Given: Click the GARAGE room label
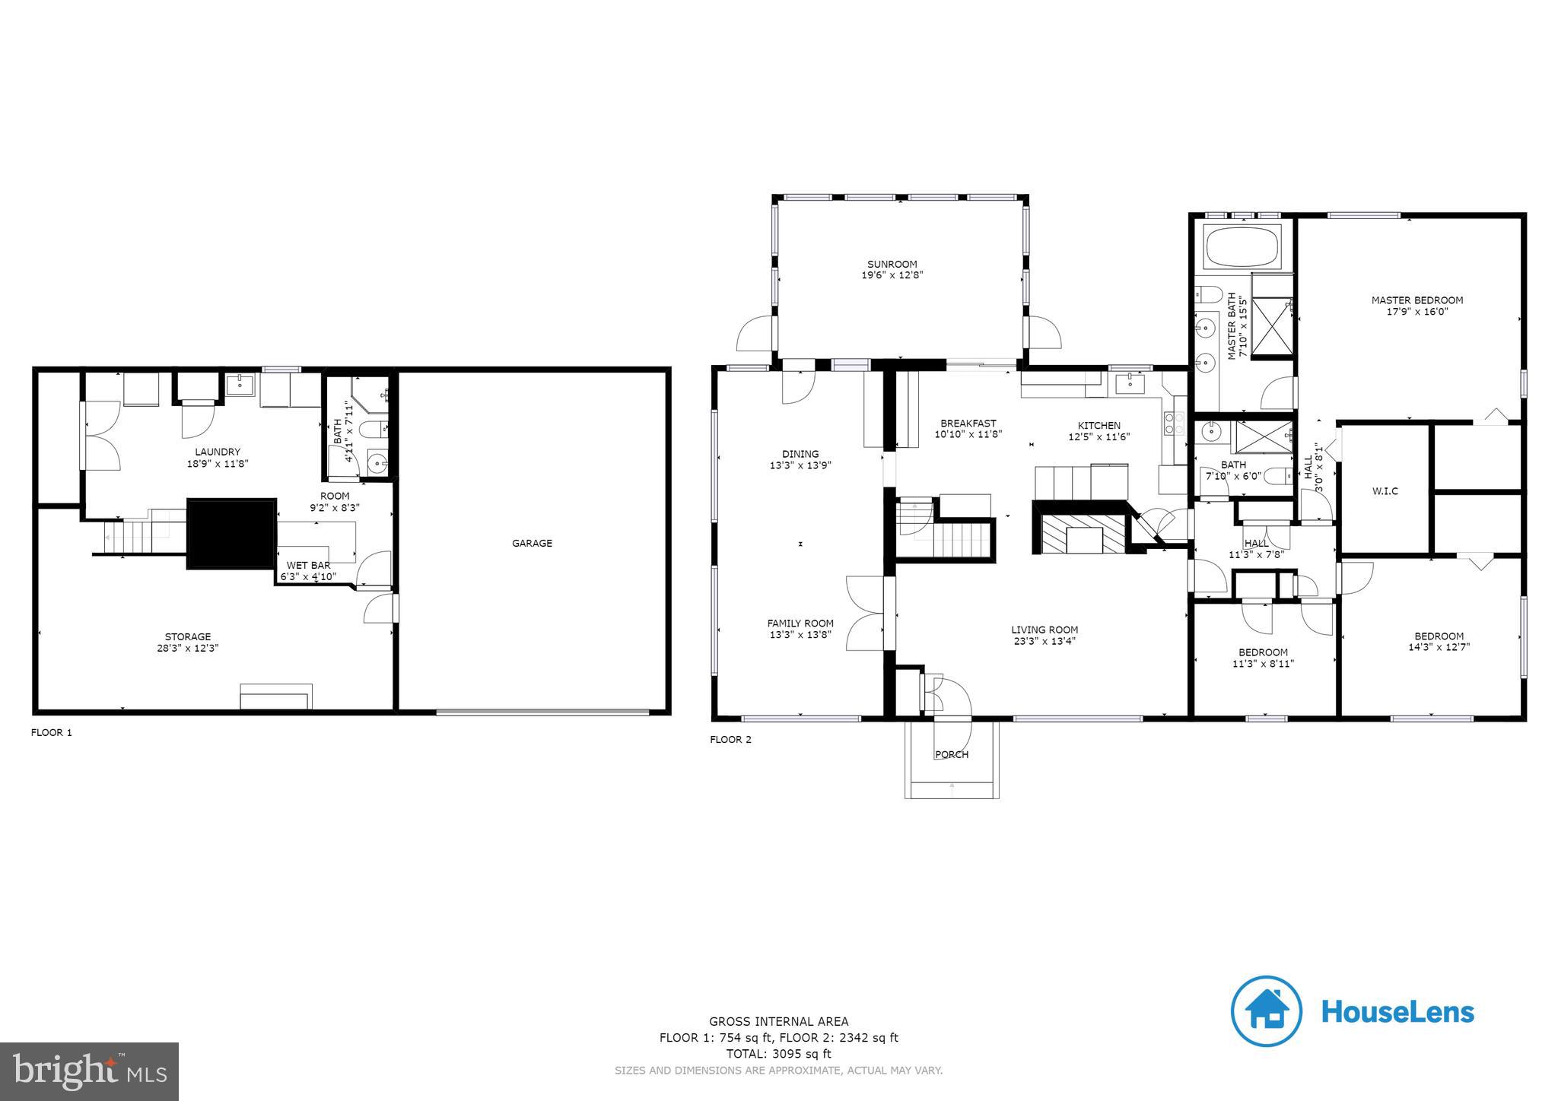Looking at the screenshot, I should [532, 543].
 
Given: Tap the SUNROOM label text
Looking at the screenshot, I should [892, 264].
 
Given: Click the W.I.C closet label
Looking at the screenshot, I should [1385, 491].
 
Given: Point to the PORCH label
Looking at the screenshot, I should [951, 754].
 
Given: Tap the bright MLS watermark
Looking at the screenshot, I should [90, 1071].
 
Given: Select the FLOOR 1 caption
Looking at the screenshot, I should [51, 732].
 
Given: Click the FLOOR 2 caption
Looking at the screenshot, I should [730, 739].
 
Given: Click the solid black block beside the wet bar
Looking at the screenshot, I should [231, 534].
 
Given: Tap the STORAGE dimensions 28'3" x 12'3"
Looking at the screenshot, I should [188, 648].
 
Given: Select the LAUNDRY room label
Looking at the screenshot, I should [218, 452].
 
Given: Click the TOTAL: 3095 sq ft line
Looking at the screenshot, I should [778, 1054].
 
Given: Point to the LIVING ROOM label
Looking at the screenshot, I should [1044, 629].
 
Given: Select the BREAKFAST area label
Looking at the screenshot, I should [968, 424].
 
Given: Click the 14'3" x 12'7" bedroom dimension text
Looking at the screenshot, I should [1439, 647].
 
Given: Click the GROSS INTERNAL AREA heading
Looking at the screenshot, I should [778, 1021].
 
